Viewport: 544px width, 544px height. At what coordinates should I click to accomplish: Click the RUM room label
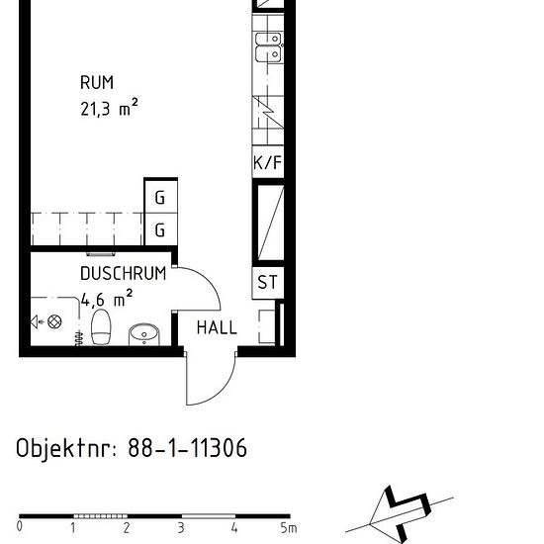pos(97,83)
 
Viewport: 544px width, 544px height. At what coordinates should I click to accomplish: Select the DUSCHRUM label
pos(123,274)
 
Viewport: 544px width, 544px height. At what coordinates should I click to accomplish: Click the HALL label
pos(217,327)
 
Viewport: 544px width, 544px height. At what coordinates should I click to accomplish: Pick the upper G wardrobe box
pos(160,198)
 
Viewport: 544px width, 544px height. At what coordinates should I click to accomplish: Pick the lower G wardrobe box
pos(160,231)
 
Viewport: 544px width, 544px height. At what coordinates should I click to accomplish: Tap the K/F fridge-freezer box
pos(268,163)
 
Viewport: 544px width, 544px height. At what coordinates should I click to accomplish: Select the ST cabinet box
pos(268,283)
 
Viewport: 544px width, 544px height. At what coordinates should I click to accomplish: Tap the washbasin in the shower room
pos(144,334)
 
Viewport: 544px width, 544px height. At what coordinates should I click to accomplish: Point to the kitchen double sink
pos(268,46)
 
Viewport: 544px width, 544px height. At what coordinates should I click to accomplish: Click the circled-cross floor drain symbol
pos(55,321)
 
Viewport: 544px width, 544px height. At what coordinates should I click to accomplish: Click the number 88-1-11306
pos(188,449)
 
